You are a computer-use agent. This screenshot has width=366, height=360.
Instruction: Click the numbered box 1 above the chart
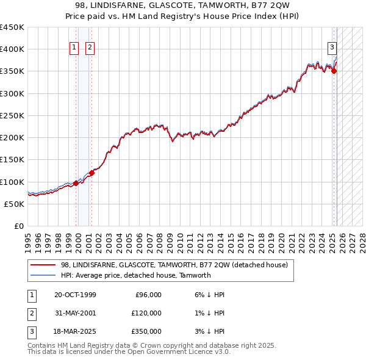[x=74, y=47]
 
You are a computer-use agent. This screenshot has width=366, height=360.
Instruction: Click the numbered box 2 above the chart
[x=90, y=47]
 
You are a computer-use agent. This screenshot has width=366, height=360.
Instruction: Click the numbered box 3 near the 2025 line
[x=332, y=47]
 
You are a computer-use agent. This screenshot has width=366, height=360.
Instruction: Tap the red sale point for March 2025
[x=334, y=71]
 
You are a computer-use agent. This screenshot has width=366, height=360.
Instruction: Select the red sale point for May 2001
[x=91, y=173]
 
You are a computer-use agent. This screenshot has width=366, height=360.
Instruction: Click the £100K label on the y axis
[x=12, y=182]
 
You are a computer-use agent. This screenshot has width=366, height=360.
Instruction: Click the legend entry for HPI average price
[x=135, y=275]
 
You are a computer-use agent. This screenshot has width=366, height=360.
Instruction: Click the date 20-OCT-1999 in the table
[x=75, y=295]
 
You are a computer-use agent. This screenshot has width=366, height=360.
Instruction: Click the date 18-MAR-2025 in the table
[x=75, y=331]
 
